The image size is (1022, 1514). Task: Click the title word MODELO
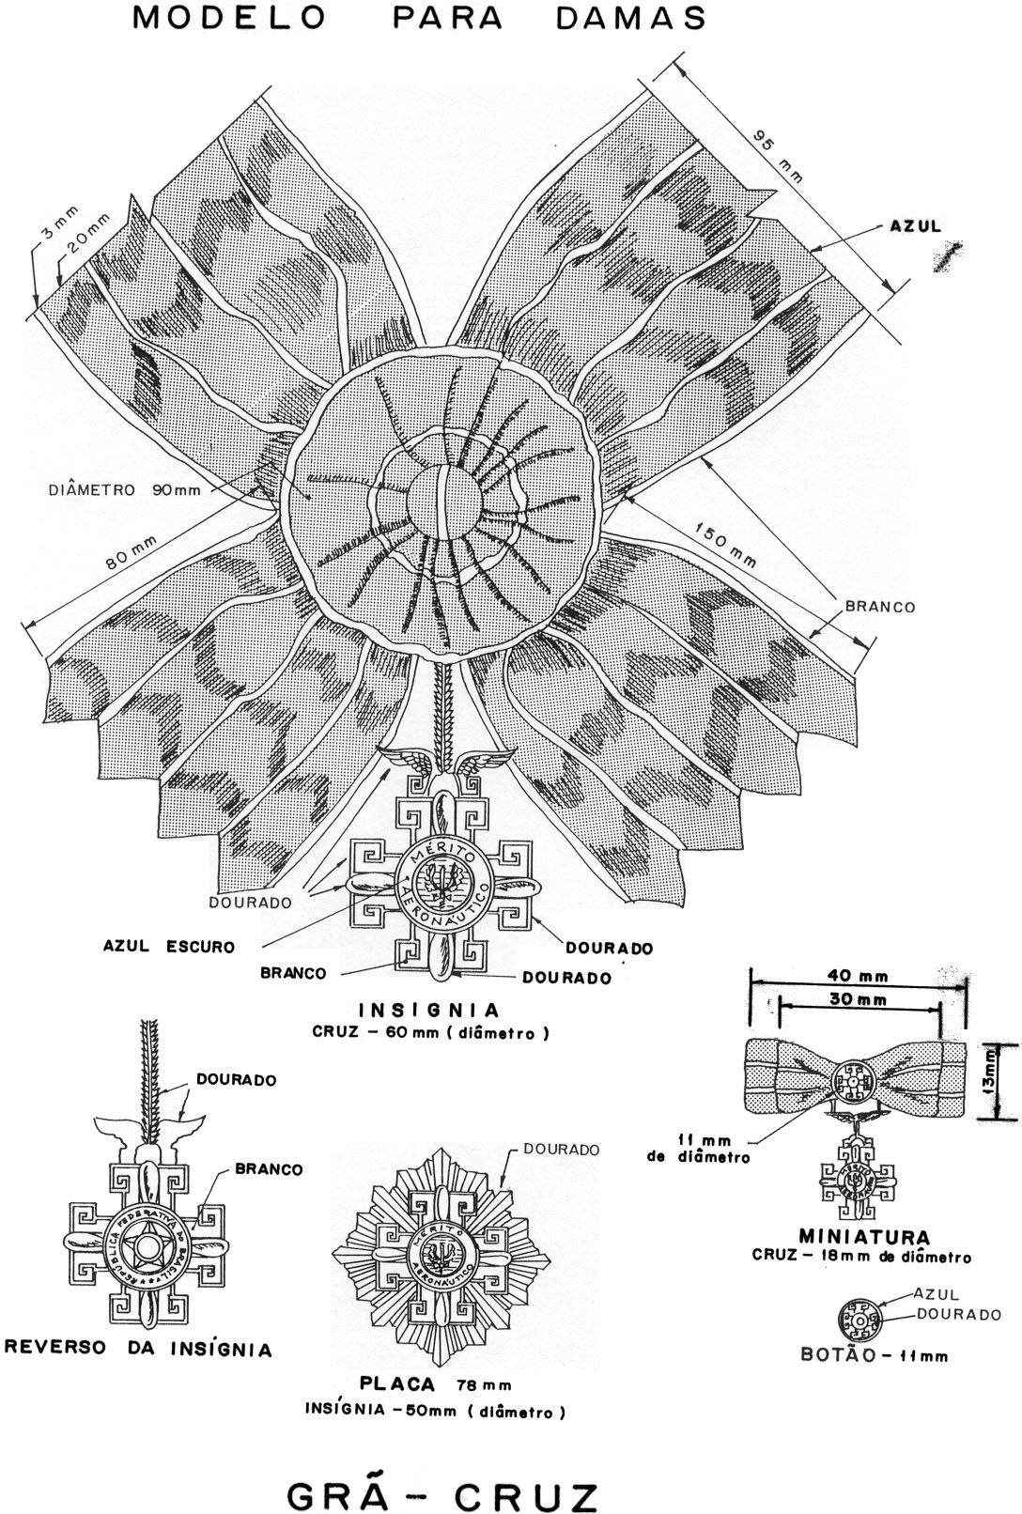(231, 18)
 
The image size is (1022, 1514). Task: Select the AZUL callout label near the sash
(915, 226)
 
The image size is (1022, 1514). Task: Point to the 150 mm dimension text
(725, 546)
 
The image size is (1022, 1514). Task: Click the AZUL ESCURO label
(169, 947)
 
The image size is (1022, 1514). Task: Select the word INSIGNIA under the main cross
(429, 1011)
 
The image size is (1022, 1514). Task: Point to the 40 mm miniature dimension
(846, 977)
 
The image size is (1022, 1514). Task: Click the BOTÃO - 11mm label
(875, 1355)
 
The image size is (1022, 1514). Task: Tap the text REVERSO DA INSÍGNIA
(139, 1350)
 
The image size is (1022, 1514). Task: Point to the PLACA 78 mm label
(435, 1384)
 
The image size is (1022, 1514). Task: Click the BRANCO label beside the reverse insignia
(269, 1169)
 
